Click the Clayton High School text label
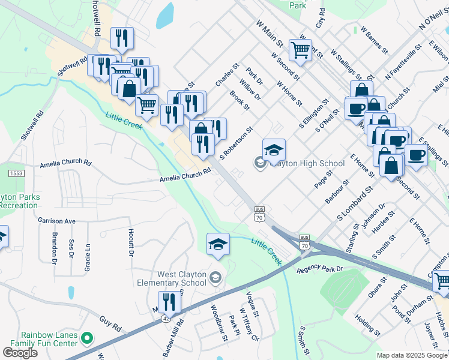click(x=307, y=163)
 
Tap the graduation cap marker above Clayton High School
click(x=274, y=150)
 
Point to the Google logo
click(x=20, y=353)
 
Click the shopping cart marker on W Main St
click(x=300, y=50)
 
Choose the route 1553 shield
click(x=16, y=173)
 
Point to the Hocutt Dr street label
click(x=131, y=242)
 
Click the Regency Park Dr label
click(x=319, y=269)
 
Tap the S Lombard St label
click(x=355, y=202)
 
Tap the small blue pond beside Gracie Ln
click(x=71, y=293)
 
